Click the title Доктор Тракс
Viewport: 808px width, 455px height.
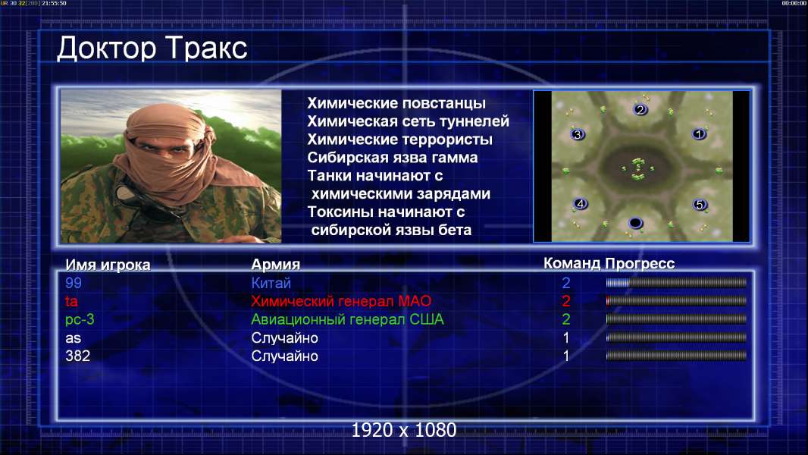152,49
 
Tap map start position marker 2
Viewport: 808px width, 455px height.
640,109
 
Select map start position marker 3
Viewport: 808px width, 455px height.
578,134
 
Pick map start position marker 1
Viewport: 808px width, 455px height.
699,134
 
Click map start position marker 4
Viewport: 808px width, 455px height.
581,203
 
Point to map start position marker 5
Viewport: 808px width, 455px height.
700,205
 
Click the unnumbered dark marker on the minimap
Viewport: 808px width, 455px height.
636,223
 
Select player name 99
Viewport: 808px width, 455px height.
74,283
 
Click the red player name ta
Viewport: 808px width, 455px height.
71,301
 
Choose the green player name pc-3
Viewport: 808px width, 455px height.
80,319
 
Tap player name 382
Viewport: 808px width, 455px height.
78,356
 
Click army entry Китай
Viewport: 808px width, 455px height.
271,283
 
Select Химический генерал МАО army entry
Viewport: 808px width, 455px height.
341,301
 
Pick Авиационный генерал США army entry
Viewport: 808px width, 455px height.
347,319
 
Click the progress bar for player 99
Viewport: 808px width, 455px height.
676,282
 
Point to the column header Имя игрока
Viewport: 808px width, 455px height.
108,265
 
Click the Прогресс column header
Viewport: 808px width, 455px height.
640,264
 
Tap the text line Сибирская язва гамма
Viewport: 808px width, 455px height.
393,158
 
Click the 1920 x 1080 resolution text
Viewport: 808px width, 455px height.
404,430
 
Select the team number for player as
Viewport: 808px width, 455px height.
565,338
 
